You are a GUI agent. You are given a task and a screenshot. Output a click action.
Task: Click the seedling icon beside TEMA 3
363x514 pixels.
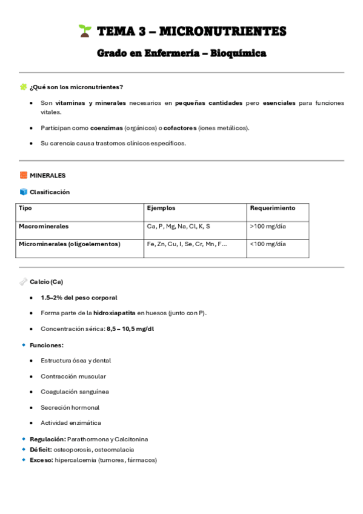pyautogui.click(x=84, y=31)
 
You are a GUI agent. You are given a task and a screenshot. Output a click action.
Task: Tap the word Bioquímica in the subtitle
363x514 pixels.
pyautogui.click(x=239, y=54)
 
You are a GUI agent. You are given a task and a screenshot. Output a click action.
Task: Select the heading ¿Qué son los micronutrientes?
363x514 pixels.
pyautogui.click(x=76, y=87)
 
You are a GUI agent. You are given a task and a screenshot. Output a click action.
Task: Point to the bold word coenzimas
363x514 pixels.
pyautogui.click(x=106, y=128)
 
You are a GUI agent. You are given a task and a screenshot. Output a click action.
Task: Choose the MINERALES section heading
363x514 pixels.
pyautogui.click(x=47, y=175)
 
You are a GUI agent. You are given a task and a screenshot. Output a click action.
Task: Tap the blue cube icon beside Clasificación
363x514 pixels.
pyautogui.click(x=24, y=192)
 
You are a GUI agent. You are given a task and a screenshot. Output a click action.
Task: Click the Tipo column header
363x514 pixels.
pyautogui.click(x=25, y=208)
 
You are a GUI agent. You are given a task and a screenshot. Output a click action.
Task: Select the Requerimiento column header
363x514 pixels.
pyautogui.click(x=272, y=208)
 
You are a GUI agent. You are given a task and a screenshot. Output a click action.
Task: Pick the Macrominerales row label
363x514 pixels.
pyautogui.click(x=44, y=226)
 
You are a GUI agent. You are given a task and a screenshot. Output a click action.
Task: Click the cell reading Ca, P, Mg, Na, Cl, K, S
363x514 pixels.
pyautogui.click(x=178, y=226)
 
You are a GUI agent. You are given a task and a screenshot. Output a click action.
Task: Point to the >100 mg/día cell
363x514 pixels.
pyautogui.click(x=268, y=226)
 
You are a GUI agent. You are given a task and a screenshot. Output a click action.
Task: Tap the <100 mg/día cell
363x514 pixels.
pyautogui.click(x=268, y=244)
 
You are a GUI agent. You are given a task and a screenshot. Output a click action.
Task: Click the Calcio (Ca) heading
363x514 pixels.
pyautogui.click(x=46, y=282)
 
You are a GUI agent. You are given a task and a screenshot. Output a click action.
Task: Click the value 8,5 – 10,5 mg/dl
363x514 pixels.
pyautogui.click(x=130, y=329)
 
